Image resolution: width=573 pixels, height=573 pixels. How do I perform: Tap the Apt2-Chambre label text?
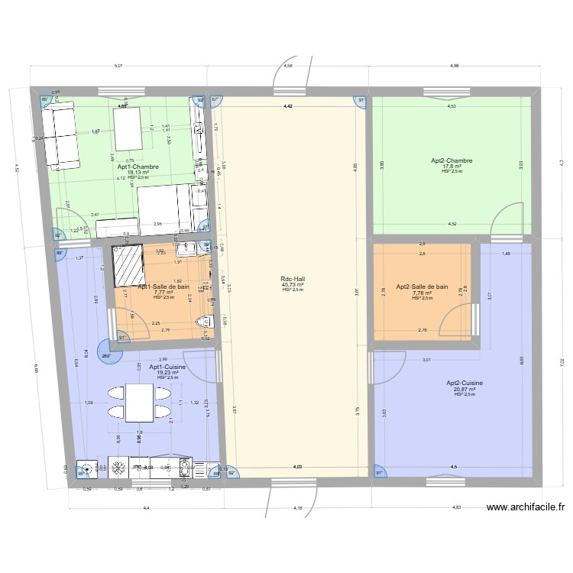pos(452,161)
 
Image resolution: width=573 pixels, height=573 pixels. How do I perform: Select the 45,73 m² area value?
pos(293,285)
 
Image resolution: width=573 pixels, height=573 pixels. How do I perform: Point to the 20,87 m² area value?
pos(464,389)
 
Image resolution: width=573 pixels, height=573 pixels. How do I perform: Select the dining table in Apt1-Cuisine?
pos(139,403)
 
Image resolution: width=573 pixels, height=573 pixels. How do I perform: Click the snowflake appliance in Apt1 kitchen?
pos(118,467)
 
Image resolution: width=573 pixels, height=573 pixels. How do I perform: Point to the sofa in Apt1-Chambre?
pos(60,136)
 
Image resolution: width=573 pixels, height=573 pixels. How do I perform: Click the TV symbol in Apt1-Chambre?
pos(201,138)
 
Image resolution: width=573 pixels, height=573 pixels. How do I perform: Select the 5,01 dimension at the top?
pos(118,66)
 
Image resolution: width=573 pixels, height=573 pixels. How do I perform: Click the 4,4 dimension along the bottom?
pos(145,508)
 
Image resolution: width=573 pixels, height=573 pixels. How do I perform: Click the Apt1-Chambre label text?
pos(138,167)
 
